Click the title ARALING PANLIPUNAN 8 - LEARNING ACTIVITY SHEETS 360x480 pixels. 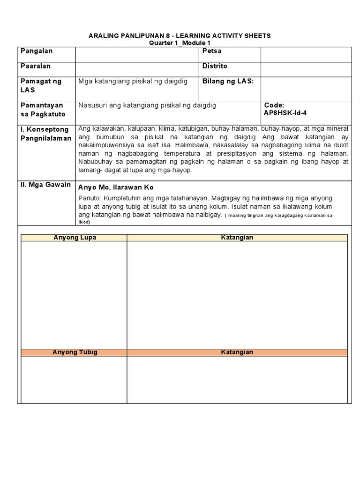[x=180, y=36]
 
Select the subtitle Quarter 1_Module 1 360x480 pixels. [x=180, y=43]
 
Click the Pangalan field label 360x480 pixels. [x=36, y=51]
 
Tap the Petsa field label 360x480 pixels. [x=211, y=51]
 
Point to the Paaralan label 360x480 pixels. [x=35, y=67]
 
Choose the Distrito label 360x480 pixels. [x=215, y=67]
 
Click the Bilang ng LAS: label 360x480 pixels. [x=228, y=82]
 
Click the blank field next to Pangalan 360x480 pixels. [x=137, y=54]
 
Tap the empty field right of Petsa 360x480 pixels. [x=306, y=54]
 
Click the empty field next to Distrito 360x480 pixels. [x=306, y=69]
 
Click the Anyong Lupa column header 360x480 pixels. [x=75, y=238]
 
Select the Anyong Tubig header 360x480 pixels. [x=75, y=352]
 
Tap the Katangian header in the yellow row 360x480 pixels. [x=237, y=238]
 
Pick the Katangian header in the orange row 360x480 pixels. [x=237, y=352]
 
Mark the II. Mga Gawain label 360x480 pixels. [x=45, y=185]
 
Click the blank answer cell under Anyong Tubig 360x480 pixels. [x=74, y=380]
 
